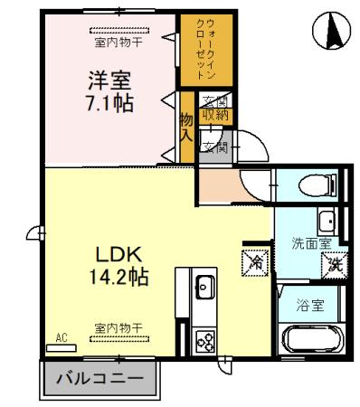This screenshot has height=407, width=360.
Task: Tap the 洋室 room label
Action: tap(109, 78)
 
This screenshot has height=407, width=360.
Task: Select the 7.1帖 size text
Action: tap(109, 102)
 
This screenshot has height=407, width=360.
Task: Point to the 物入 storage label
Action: tap(185, 127)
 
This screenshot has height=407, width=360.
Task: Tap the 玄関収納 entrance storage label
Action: tap(215, 108)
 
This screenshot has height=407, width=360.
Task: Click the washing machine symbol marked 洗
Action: tap(334, 265)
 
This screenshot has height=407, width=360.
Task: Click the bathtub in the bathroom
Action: tap(310, 342)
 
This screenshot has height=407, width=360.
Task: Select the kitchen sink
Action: tap(203, 288)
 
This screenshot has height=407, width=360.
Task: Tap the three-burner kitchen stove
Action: tap(204, 341)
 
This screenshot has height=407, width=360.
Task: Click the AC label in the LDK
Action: tap(62, 338)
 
